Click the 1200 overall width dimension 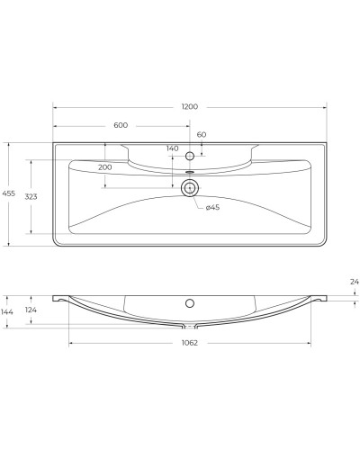[189, 106]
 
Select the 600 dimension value [121, 124]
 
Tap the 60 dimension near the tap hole [202, 134]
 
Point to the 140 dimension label [173, 148]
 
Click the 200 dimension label [105, 167]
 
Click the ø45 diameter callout [213, 208]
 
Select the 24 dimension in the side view [355, 283]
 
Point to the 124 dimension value [31, 310]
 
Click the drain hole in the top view [189, 188]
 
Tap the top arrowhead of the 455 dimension [9, 143]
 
